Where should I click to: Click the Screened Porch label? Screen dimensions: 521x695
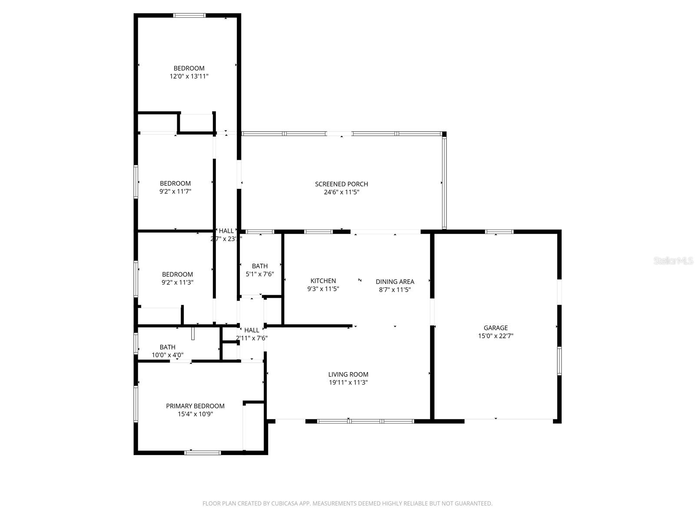(341, 184)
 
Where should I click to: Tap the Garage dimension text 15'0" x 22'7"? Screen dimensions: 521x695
(495, 336)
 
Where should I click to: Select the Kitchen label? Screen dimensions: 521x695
(323, 281)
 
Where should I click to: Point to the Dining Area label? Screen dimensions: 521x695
(395, 282)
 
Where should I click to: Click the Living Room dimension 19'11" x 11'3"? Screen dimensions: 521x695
(348, 383)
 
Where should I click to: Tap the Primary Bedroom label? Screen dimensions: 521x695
(195, 406)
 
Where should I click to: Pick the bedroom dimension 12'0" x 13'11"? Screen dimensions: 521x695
(189, 76)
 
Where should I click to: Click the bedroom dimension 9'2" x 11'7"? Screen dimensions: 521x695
(175, 191)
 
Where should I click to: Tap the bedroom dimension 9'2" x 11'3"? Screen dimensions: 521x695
(177, 282)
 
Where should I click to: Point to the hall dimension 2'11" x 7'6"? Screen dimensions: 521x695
(252, 338)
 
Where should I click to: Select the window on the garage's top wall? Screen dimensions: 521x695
(499, 232)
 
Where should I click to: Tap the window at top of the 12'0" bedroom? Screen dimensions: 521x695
(189, 16)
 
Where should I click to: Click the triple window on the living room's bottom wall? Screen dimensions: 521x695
(366, 421)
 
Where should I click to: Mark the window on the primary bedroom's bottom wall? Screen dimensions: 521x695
(202, 453)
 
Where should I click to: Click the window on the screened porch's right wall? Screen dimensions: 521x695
(444, 182)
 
